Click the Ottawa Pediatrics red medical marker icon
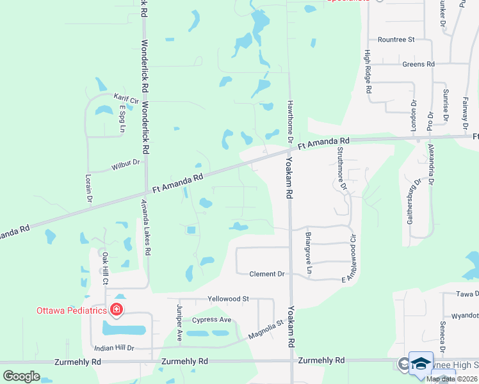(117, 310)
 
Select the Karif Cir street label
(127, 99)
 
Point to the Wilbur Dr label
(125, 164)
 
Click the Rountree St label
(396, 40)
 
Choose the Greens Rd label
(418, 65)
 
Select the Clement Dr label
(266, 274)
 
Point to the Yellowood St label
(228, 299)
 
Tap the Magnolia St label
(266, 332)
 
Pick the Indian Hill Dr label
(113, 348)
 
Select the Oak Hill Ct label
(105, 269)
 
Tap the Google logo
(21, 376)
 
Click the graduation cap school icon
(421, 363)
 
